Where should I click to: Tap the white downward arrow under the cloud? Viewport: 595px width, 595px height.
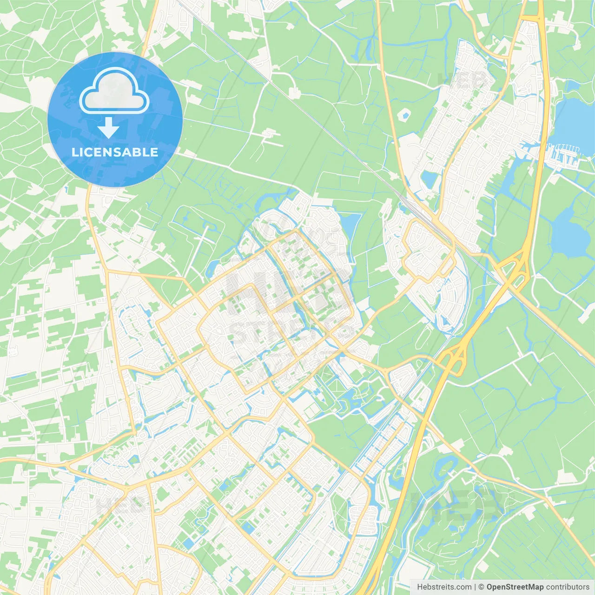tap(108, 127)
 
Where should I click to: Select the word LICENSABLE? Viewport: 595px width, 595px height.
tap(115, 152)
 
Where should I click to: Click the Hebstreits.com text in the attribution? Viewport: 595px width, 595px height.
tap(444, 587)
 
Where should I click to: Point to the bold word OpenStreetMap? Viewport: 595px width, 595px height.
tap(515, 587)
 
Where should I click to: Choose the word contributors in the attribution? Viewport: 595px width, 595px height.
tap(568, 587)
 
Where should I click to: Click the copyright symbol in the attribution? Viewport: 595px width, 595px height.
tap(481, 587)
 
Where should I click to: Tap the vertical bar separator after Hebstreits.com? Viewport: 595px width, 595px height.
tap(475, 587)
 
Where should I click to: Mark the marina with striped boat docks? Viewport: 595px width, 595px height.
tap(564, 154)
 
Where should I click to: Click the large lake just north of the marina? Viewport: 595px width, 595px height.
tap(574, 121)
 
